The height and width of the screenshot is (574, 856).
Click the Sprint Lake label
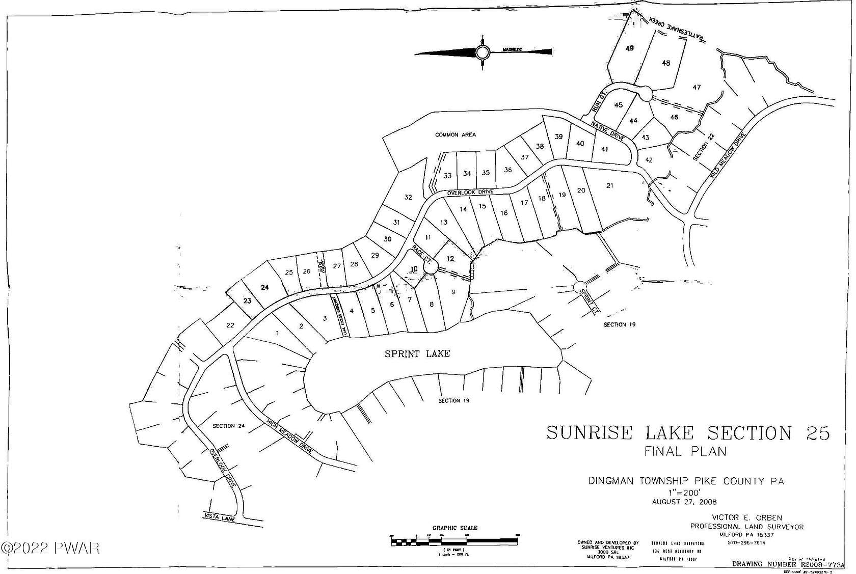[417, 353]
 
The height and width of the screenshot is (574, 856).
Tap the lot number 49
[630, 48]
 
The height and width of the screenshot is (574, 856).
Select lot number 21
[610, 186]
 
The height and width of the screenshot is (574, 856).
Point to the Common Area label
[456, 135]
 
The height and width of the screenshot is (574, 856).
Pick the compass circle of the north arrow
[483, 52]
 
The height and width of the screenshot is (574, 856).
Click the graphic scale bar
[454, 541]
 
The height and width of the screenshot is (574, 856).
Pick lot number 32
[408, 197]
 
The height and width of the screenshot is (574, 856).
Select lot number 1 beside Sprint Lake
[277, 334]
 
